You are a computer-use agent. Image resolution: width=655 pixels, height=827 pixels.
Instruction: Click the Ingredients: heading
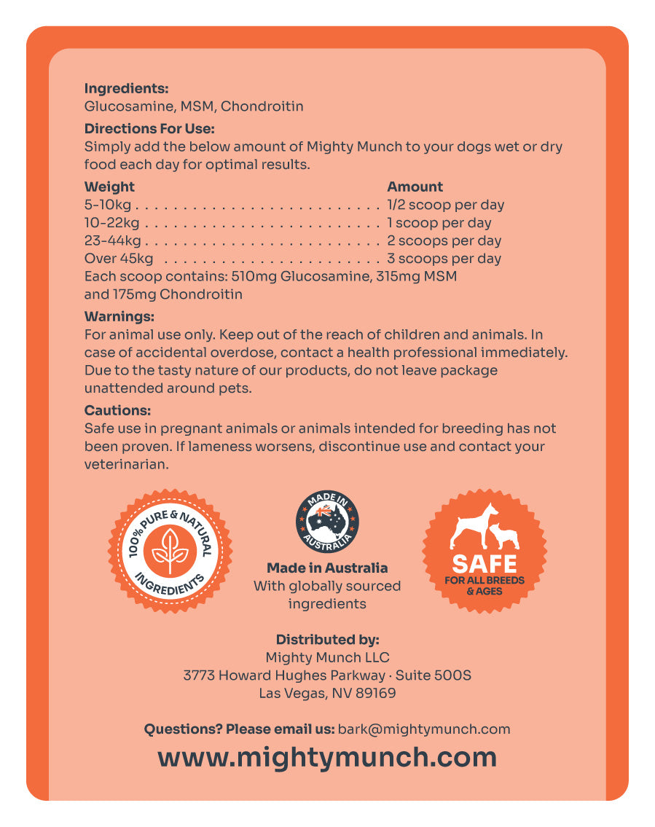pyautogui.click(x=126, y=89)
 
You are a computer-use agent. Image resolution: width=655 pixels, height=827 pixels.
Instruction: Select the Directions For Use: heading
pyautogui.click(x=149, y=129)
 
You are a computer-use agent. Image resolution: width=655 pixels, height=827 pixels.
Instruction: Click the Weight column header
pyautogui.click(x=109, y=187)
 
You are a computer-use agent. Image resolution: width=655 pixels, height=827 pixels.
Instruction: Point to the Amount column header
pyautogui.click(x=415, y=187)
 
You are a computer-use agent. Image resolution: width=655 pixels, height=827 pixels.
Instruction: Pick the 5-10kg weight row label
pyautogui.click(x=108, y=205)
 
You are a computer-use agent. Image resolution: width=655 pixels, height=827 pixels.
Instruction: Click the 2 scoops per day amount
pyautogui.click(x=444, y=240)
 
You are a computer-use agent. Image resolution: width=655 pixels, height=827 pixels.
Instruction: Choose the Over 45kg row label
pyautogui.click(x=119, y=259)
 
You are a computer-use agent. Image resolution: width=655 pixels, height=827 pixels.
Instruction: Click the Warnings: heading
pyautogui.click(x=119, y=317)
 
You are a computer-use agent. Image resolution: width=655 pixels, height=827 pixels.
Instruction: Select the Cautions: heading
pyautogui.click(x=117, y=411)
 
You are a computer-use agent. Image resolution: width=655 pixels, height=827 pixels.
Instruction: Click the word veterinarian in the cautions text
pyautogui.click(x=126, y=464)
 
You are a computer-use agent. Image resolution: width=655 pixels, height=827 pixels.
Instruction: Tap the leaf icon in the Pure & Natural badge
pyautogui.click(x=170, y=551)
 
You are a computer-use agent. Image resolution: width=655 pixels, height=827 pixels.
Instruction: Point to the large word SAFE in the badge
pyautogui.click(x=485, y=563)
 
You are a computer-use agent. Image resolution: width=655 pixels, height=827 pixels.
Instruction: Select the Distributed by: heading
pyautogui.click(x=327, y=640)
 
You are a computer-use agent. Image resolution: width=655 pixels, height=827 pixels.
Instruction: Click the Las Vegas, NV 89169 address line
pyautogui.click(x=327, y=693)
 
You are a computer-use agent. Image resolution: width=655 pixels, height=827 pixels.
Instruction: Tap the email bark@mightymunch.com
pyautogui.click(x=424, y=729)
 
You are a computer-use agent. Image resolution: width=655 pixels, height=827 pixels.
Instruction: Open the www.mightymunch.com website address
pyautogui.click(x=327, y=757)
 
